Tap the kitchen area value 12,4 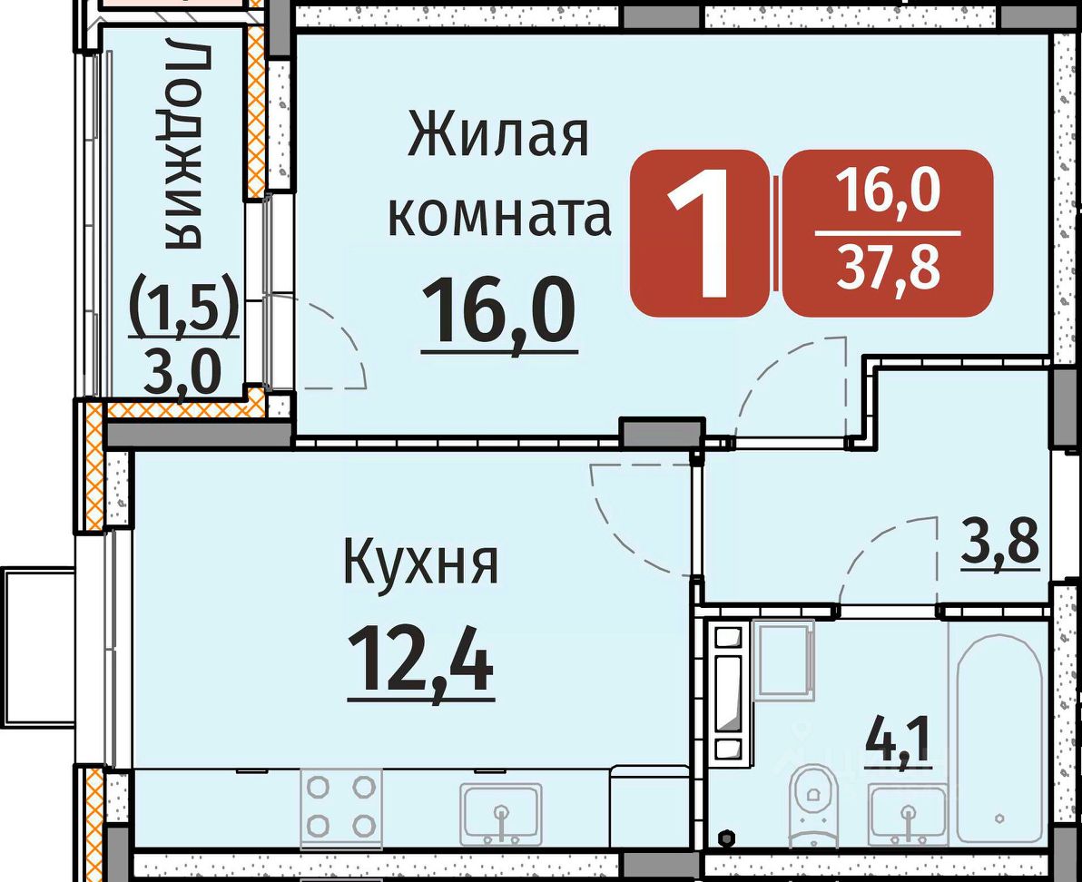point(421,659)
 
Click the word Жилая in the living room point(498,136)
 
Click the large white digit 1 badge point(699,233)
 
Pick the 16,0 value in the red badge point(888,191)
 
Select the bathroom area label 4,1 point(899,742)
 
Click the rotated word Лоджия point(182,146)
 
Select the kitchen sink point(502,814)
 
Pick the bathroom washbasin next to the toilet point(908,814)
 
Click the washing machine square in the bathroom point(784,660)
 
